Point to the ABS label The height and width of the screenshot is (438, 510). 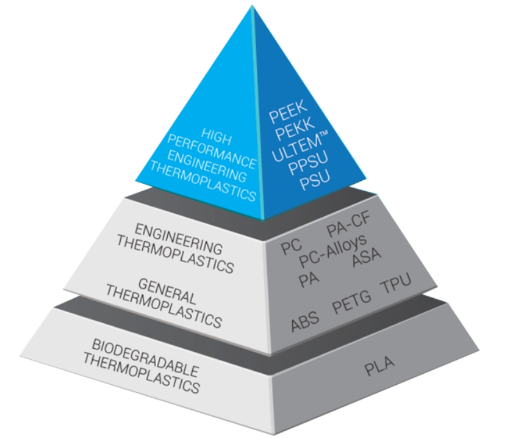tap(305, 321)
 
